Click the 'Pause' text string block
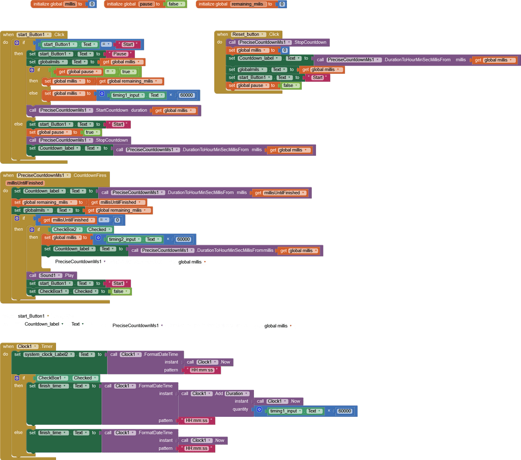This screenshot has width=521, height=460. (120, 54)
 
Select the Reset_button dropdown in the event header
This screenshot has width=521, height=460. (248, 34)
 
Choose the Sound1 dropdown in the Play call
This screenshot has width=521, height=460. (50, 275)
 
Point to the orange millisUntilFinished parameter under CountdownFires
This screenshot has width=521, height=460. (25, 183)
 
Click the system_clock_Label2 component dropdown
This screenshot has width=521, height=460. (49, 354)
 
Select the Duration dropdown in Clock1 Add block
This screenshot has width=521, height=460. (237, 393)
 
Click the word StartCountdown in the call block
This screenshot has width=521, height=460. (112, 110)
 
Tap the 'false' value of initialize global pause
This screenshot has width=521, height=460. (176, 4)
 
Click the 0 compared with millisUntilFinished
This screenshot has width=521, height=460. (118, 220)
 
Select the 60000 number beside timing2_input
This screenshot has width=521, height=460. (183, 239)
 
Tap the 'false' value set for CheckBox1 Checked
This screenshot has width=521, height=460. (120, 292)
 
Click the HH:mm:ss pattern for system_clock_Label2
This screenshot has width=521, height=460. (202, 370)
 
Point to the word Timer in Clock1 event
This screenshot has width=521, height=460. (47, 347)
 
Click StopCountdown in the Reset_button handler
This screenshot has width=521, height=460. (310, 42)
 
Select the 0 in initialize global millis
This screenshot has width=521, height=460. (92, 4)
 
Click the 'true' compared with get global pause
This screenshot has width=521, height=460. (128, 71)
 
